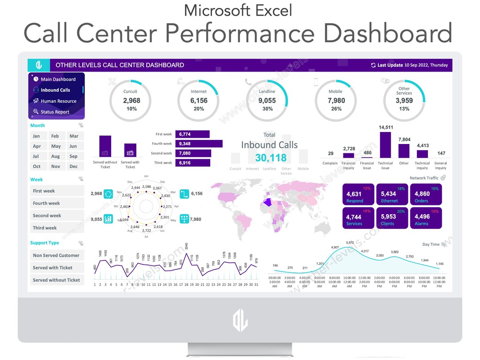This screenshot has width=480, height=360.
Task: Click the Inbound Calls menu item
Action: [x=56, y=90]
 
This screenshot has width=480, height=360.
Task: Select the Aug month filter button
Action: [x=55, y=156]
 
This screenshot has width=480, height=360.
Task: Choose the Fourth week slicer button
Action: [x=56, y=203]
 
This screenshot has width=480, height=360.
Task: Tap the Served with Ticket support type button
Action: [x=56, y=268]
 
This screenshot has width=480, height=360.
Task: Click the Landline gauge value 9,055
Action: [x=267, y=100]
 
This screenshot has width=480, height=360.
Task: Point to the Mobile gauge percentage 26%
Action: [x=336, y=109]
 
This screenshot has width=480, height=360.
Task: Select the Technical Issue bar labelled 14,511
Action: [x=385, y=144]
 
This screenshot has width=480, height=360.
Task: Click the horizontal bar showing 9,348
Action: [x=199, y=144]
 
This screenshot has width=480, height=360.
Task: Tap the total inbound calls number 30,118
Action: [x=271, y=158]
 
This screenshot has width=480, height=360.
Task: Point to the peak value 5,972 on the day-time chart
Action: [x=350, y=242]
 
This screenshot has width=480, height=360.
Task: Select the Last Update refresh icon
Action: [x=373, y=65]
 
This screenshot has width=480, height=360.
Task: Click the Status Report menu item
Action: [x=55, y=112]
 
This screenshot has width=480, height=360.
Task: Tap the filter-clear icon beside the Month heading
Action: [x=80, y=126]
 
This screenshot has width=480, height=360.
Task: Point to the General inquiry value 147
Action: [x=441, y=153]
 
